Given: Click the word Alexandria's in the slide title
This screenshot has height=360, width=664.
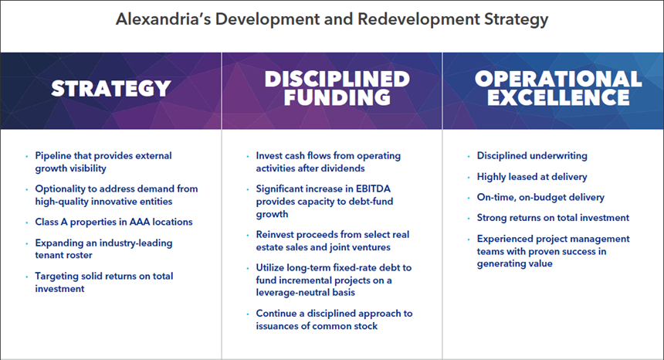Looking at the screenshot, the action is pyautogui.click(x=163, y=19).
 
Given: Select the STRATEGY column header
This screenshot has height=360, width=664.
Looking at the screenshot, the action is pyautogui.click(x=111, y=89).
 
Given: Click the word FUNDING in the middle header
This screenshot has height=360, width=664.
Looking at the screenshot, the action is pyautogui.click(x=337, y=97).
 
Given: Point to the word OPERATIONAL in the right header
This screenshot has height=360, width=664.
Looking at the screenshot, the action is pyautogui.click(x=558, y=79).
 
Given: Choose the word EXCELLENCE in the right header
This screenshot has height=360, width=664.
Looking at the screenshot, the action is pyautogui.click(x=558, y=97).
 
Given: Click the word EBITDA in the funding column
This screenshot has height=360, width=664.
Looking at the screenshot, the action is pyautogui.click(x=372, y=189).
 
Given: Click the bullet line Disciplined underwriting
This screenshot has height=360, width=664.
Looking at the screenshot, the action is pyautogui.click(x=532, y=156).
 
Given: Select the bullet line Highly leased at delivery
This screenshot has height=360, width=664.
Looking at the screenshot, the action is pyautogui.click(x=532, y=177).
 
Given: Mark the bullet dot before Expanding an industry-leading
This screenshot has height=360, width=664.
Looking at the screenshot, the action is pyautogui.click(x=27, y=243).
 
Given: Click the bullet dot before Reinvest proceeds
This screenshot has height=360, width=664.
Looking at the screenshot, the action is pyautogui.click(x=248, y=235).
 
